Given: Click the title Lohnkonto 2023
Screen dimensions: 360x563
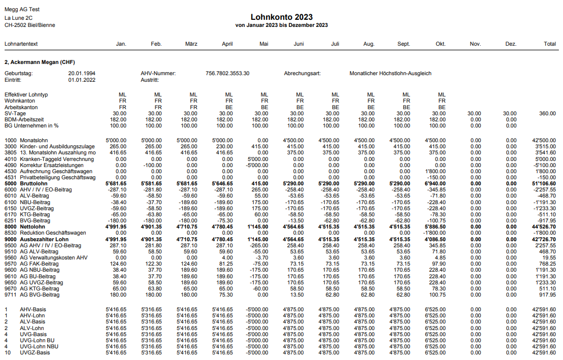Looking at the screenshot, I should pyautogui.click(x=281, y=17).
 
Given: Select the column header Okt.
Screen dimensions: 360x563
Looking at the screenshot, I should pyautogui.click(x=440, y=44).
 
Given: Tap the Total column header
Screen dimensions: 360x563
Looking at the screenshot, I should pyautogui.click(x=549, y=44).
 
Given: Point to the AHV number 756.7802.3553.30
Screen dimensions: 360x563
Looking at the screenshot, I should pyautogui.click(x=227, y=74).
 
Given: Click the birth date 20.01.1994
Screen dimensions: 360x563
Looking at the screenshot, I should pyautogui.click(x=82, y=74).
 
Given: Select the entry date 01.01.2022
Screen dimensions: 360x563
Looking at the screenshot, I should pyautogui.click(x=82, y=80).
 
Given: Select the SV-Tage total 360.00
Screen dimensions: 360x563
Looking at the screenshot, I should pyautogui.click(x=547, y=113).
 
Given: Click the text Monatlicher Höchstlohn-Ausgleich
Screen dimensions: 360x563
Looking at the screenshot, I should pyautogui.click(x=390, y=74).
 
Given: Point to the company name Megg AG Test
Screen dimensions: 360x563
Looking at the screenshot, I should pyautogui.click(x=22, y=10).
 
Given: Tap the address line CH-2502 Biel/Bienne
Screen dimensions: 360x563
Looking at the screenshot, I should pyautogui.click(x=30, y=25).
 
